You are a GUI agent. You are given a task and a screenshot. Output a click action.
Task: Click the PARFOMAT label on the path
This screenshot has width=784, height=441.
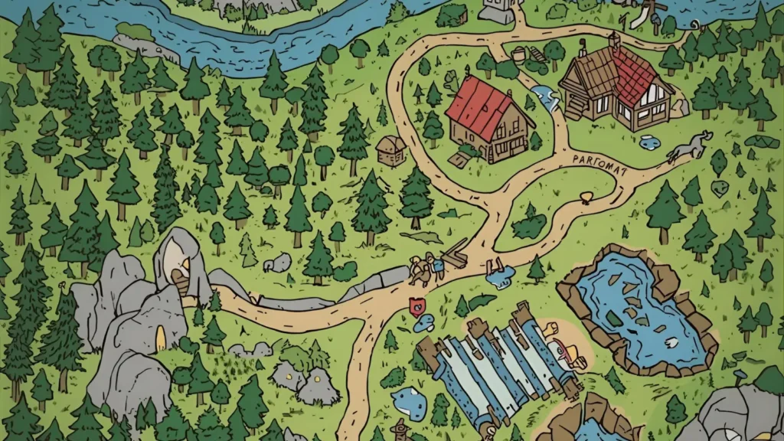599,160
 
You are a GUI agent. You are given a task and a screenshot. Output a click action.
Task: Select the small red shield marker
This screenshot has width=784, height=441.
416,304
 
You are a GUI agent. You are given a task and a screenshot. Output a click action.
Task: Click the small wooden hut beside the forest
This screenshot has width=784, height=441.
390,150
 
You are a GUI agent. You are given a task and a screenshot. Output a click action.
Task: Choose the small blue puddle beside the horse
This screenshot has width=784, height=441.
649,141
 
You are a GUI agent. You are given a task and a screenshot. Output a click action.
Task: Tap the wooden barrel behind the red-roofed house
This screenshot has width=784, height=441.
518,54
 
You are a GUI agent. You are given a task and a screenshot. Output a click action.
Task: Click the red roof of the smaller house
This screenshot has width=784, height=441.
478,107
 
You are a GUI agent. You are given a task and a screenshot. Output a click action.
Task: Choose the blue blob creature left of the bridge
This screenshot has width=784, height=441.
409,402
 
